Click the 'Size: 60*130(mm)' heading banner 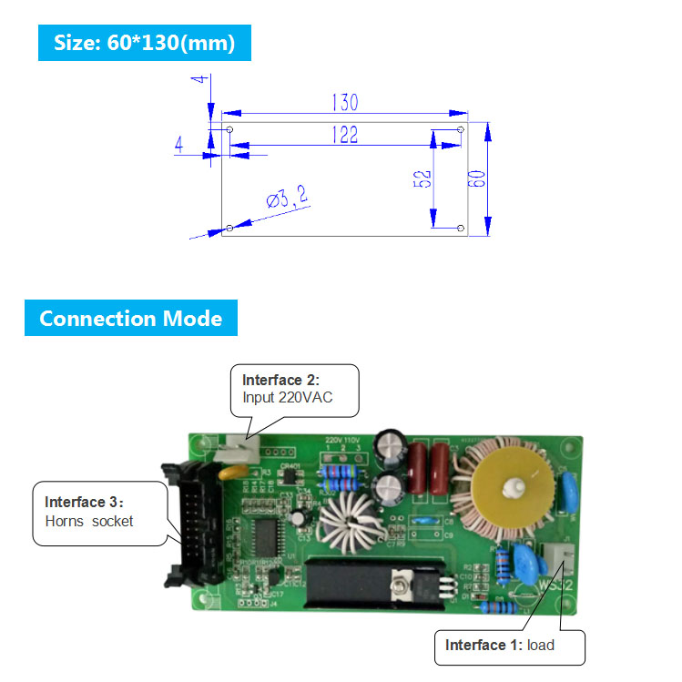tap(144, 43)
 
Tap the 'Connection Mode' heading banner tap(130, 318)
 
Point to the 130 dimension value tap(343, 101)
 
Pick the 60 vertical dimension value tap(475, 178)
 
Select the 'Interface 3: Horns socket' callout tap(100, 512)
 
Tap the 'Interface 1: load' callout tap(507, 646)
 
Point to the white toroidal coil tap(347, 527)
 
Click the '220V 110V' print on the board tap(343, 439)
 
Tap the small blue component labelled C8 tap(421, 522)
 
